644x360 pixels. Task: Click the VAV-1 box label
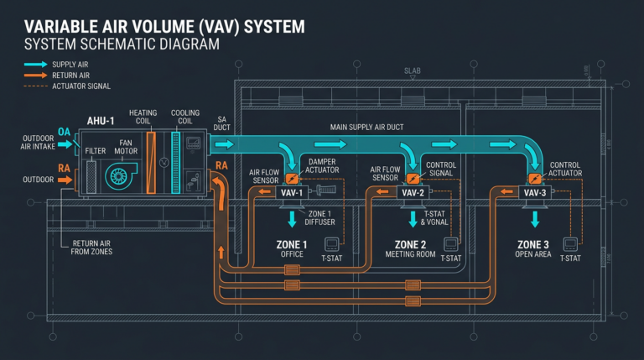pos(291,193)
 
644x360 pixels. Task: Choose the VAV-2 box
pos(412,193)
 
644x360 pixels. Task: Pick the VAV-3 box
pos(535,193)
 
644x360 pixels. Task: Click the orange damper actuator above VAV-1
pos(291,178)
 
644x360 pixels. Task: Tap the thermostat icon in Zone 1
pos(332,244)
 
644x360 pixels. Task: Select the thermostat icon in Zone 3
pos(571,244)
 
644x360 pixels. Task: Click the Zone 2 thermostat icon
pos(451,244)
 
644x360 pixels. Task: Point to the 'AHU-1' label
pos(102,121)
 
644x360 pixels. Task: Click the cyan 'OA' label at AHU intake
pos(65,132)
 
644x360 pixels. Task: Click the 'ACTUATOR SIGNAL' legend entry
pos(81,86)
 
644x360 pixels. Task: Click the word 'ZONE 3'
pos(534,244)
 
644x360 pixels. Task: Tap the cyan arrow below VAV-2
pos(413,220)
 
